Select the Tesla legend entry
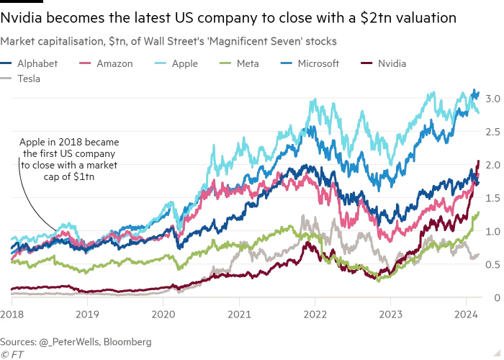pos(29,78)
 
